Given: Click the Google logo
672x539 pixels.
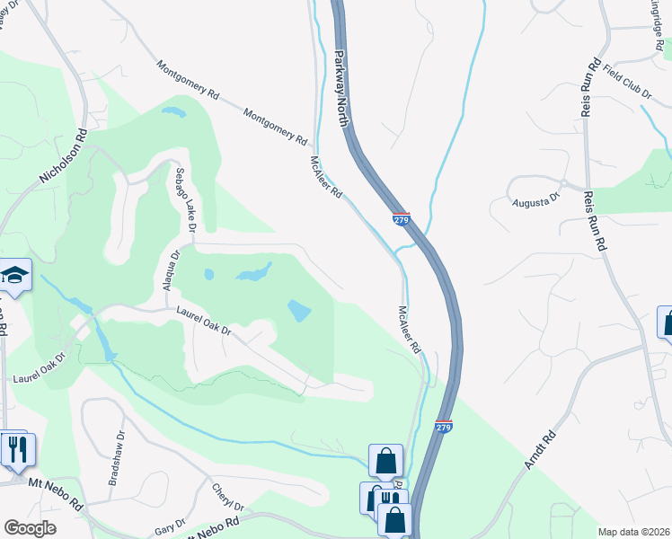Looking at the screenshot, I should pos(30,528).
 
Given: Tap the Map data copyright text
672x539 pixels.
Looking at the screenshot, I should pos(633,532).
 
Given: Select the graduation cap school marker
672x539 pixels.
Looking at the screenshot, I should pos(15,276).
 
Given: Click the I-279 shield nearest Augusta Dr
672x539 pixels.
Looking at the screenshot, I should pos(401,219).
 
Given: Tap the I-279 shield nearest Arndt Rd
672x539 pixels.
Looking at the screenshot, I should pos(443,424).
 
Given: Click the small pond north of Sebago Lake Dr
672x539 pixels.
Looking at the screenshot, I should pos(172,113).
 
